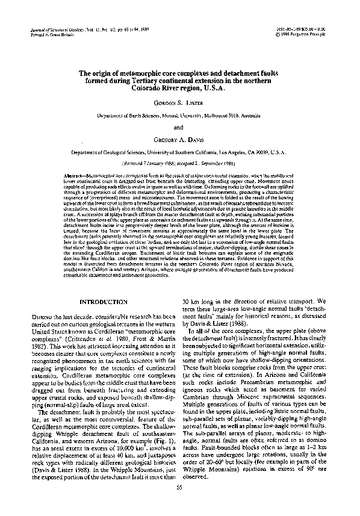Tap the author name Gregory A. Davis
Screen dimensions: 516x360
click(180, 141)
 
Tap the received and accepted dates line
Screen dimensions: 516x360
click(180, 163)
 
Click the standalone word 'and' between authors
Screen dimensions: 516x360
click(180, 127)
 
